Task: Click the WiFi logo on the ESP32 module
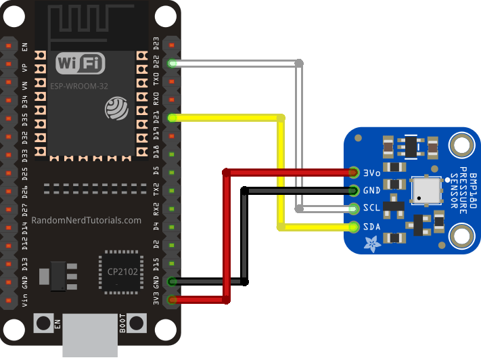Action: [81, 64]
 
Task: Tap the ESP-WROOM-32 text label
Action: [80, 87]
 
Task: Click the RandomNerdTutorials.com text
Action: [86, 221]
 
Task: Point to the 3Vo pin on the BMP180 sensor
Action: [354, 173]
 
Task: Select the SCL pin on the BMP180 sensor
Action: [354, 208]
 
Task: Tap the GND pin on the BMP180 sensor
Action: [354, 191]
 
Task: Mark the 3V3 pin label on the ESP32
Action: [156, 299]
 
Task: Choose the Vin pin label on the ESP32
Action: [25, 299]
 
